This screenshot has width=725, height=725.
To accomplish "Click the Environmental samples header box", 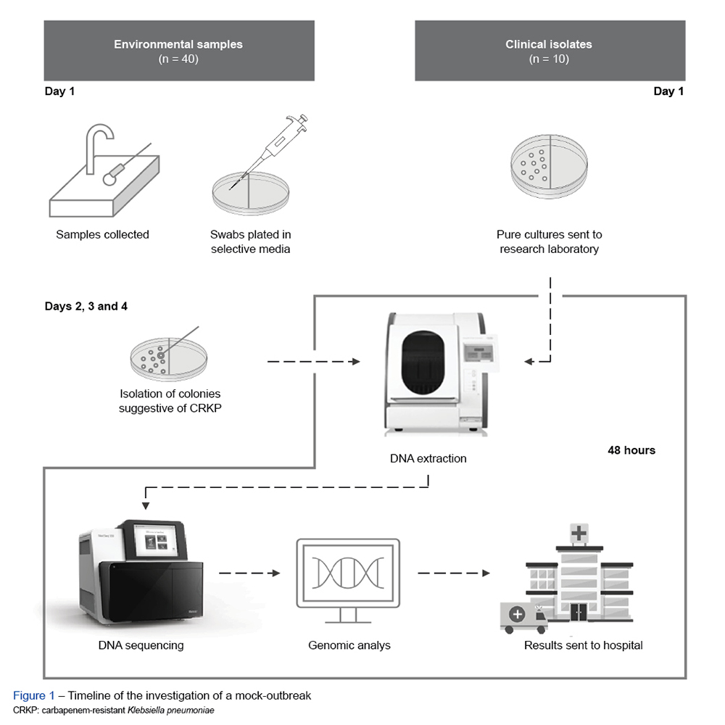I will (178, 51).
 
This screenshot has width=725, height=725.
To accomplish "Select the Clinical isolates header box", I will (549, 51).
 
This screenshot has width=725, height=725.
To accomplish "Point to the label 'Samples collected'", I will (102, 234).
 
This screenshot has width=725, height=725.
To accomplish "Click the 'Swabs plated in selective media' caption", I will (250, 241).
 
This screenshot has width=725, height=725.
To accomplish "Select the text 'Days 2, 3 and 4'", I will (86, 306).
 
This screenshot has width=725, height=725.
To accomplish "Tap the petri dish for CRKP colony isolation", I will (165, 357).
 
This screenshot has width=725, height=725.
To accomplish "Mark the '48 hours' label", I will (631, 450).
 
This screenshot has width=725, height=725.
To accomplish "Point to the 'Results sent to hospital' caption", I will (583, 645).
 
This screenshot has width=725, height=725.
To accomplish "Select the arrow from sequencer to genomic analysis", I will (249, 573).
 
